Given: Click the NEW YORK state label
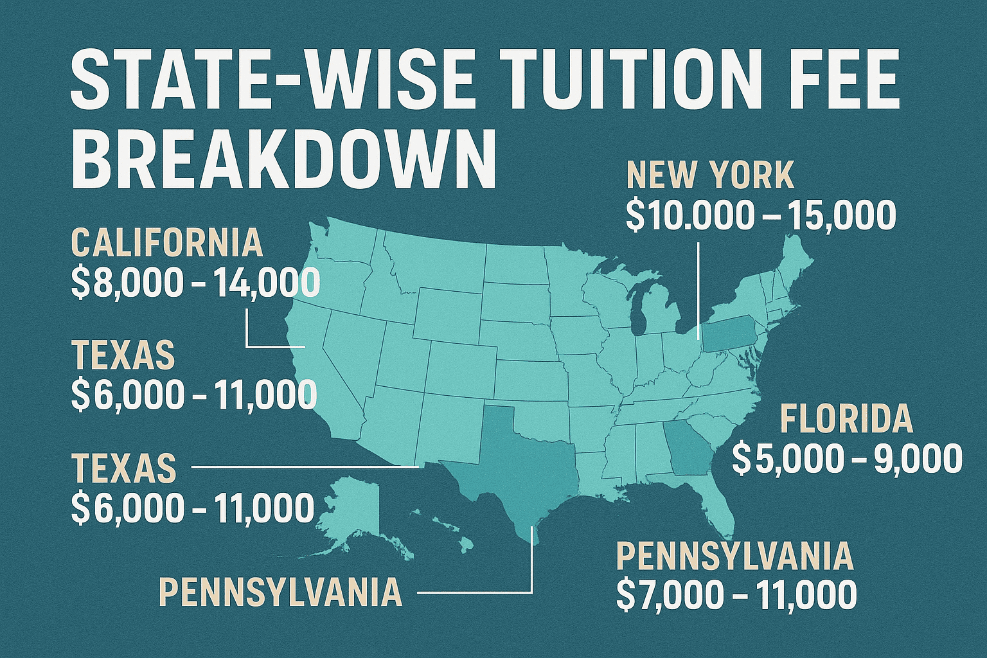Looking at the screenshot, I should click(710, 175).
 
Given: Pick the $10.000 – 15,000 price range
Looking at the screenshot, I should click(760, 216).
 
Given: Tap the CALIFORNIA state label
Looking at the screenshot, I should click(167, 243).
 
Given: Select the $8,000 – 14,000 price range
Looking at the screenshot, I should click(195, 283).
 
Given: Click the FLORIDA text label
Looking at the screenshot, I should click(846, 419).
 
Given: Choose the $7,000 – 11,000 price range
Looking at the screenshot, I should click(736, 595).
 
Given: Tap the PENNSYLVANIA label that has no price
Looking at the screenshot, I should click(280, 592).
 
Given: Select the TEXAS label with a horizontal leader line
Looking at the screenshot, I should click(124, 468).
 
